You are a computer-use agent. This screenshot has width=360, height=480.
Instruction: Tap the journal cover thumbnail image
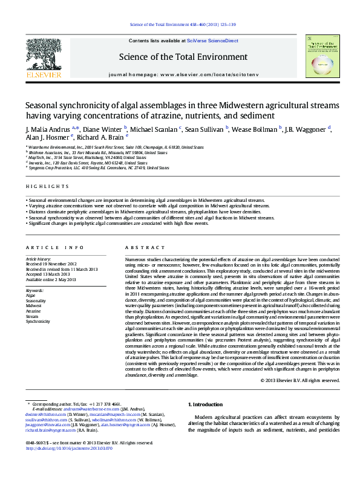tap(322, 56)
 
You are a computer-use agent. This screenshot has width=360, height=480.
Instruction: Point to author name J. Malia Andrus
tap(48, 129)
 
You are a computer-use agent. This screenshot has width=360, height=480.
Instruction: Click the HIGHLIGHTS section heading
tap(44, 187)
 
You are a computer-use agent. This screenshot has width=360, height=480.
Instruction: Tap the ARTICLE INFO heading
tap(55, 248)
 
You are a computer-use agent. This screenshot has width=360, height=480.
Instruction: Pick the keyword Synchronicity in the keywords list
tap(38, 322)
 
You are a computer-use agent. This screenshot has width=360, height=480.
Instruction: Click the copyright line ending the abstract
tap(300, 380)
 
